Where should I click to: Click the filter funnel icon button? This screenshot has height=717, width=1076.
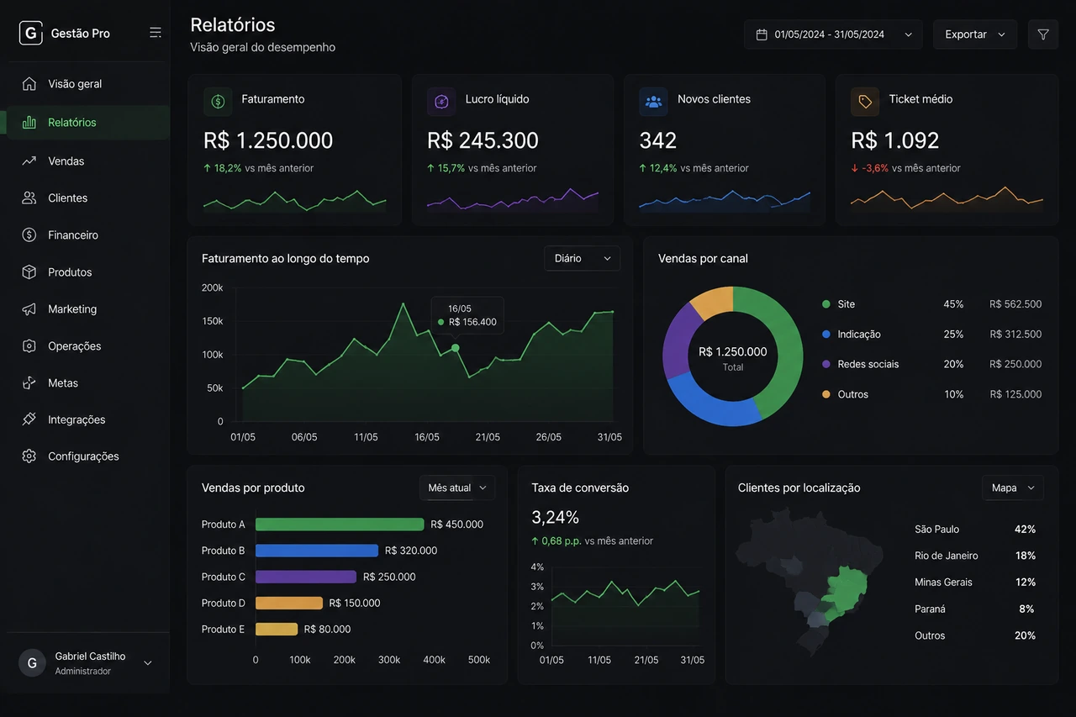pos(1043,34)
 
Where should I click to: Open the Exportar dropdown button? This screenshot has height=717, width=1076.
pos(974,34)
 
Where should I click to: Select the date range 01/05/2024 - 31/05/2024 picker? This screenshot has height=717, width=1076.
pos(833,34)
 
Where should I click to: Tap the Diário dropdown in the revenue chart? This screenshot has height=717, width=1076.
pos(582,258)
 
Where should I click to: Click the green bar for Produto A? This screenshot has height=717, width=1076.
pos(340,524)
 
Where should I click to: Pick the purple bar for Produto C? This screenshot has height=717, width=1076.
pos(306,577)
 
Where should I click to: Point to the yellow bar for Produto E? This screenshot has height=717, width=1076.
pos(277,629)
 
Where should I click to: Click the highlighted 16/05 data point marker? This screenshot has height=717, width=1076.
pos(456,348)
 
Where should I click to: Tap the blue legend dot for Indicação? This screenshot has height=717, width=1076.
pos(826,335)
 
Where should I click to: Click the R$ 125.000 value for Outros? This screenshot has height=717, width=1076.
pos(1015,394)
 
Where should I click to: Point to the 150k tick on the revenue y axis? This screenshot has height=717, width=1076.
pos(213,321)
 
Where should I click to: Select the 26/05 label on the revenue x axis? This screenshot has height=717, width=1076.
pos(549,437)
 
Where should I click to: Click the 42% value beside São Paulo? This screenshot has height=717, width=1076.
pos(1025,530)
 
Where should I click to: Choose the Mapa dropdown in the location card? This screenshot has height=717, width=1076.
pos(1013,488)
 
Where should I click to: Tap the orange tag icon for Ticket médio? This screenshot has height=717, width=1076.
pos(865,102)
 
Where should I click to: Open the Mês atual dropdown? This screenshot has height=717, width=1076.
pos(456,488)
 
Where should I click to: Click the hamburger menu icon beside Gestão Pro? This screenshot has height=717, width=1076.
pos(156,33)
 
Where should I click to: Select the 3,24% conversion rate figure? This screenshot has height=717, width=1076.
pos(556,517)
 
